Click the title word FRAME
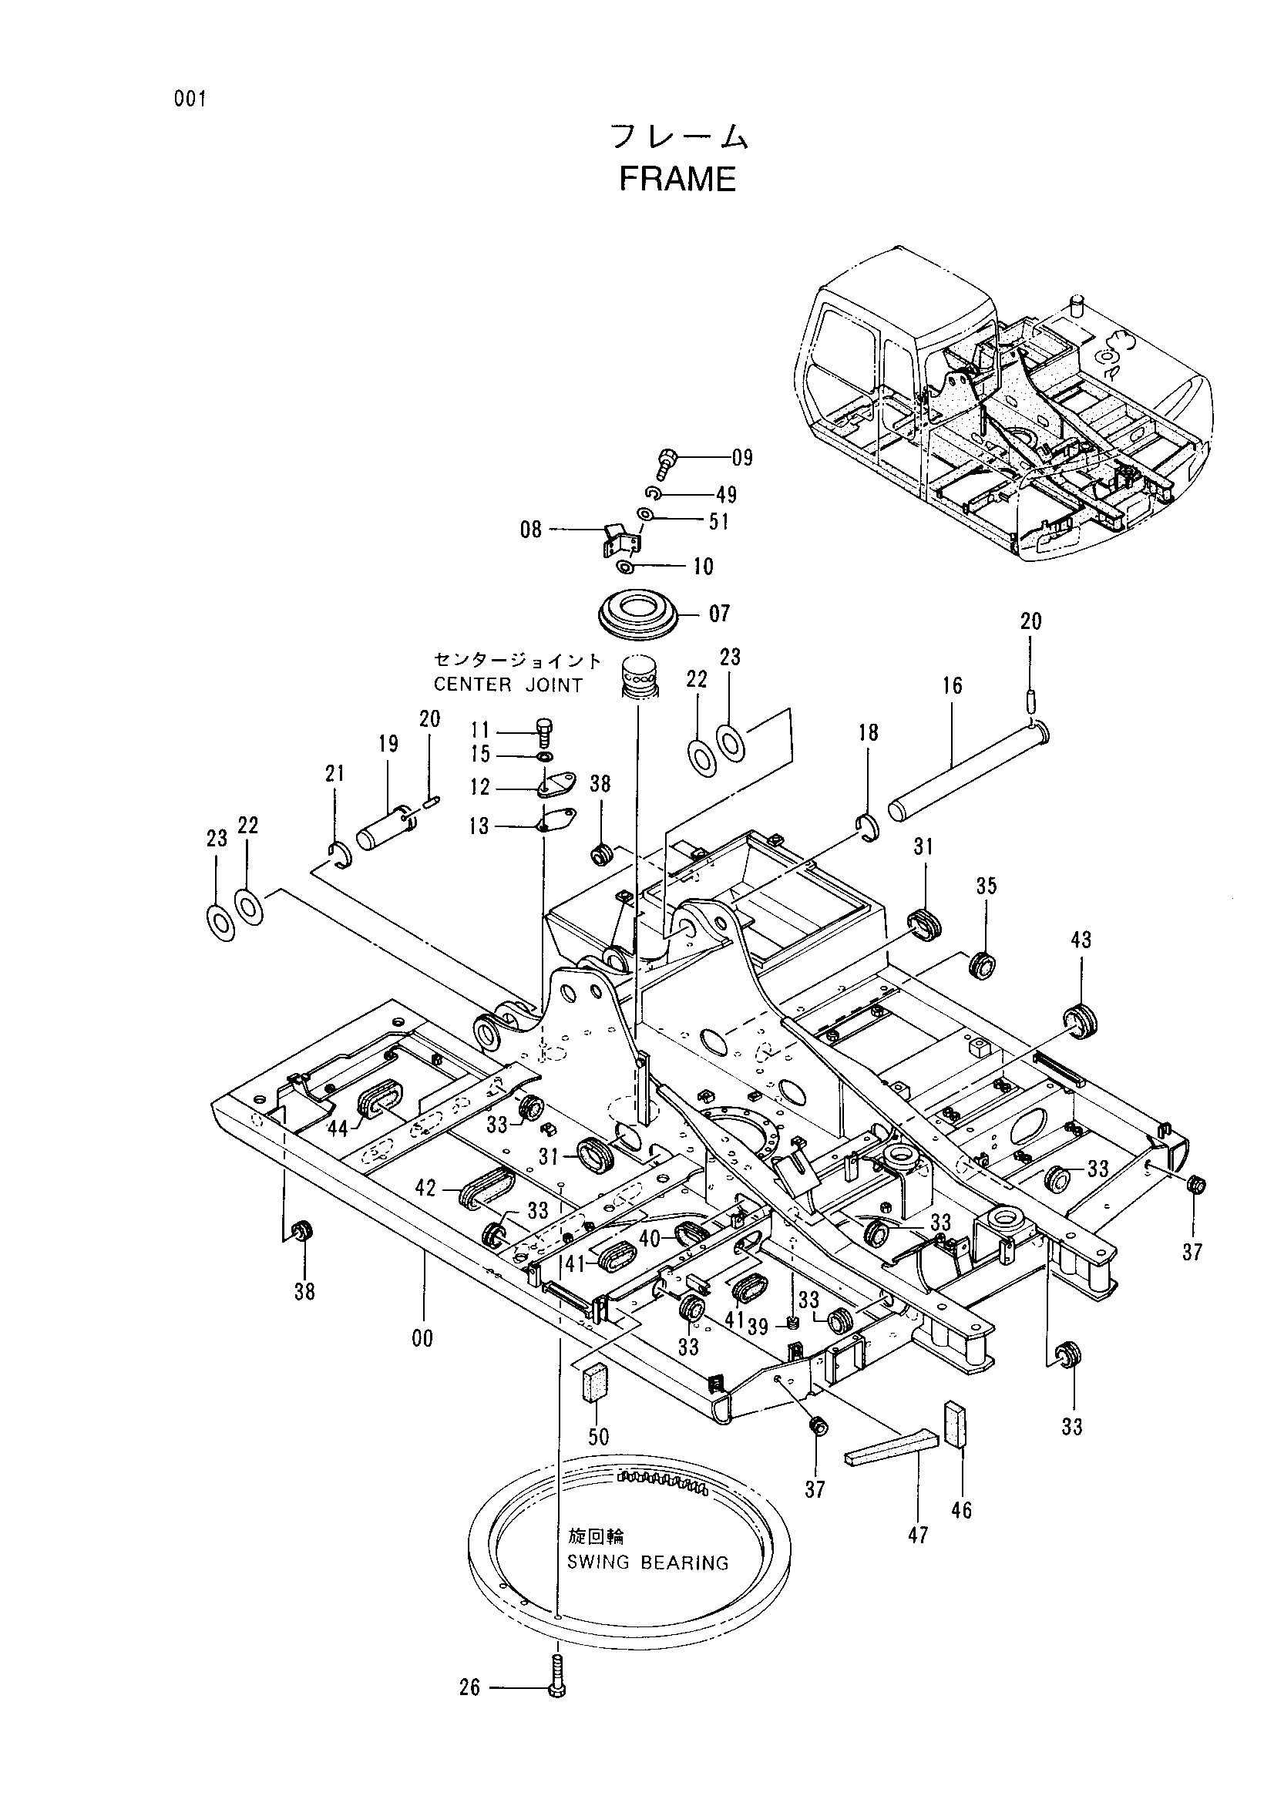tap(677, 179)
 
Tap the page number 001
tap(190, 99)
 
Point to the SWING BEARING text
tap(647, 1562)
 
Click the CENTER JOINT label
tap(508, 685)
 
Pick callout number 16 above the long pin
tap(952, 685)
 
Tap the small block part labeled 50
tap(598, 1380)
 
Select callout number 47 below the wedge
tap(918, 1535)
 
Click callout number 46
tap(961, 1509)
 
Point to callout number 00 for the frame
tap(422, 1338)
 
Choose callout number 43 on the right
tap(1081, 939)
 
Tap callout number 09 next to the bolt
tap(741, 457)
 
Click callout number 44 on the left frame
tap(338, 1129)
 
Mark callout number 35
tap(987, 886)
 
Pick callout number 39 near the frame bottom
tap(758, 1327)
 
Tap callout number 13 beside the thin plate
tap(479, 826)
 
